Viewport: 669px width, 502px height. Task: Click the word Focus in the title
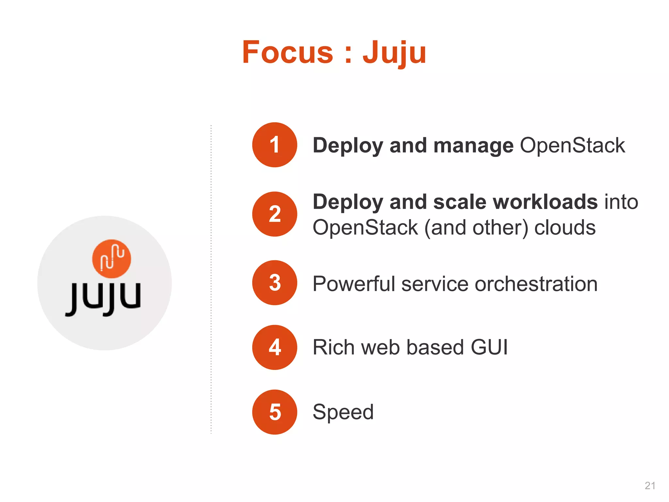click(287, 52)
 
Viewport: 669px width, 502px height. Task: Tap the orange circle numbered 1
click(275, 145)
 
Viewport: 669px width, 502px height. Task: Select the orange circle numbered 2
click(275, 214)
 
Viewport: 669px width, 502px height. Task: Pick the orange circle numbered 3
click(275, 283)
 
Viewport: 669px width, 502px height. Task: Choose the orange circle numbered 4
click(275, 347)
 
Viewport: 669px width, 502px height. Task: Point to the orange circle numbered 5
click(275, 412)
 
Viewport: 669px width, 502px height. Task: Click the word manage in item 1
click(473, 145)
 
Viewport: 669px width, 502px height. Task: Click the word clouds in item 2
click(565, 227)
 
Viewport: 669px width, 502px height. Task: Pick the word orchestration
click(536, 284)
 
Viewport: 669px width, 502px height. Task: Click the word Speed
click(343, 412)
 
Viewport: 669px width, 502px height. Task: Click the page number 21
click(650, 486)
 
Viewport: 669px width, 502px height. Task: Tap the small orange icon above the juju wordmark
click(112, 259)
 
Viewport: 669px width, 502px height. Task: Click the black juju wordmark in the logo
click(103, 298)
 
